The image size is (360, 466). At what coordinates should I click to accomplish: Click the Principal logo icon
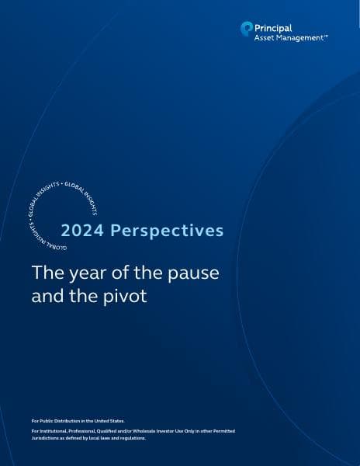point(247,29)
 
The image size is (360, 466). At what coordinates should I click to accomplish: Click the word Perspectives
point(168,231)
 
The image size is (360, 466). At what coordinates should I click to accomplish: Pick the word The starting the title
point(42,274)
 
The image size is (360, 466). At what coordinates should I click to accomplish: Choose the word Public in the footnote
point(46,420)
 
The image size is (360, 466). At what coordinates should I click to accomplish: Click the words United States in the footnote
point(109,420)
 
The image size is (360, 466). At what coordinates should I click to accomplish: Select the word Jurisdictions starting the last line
point(45,438)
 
